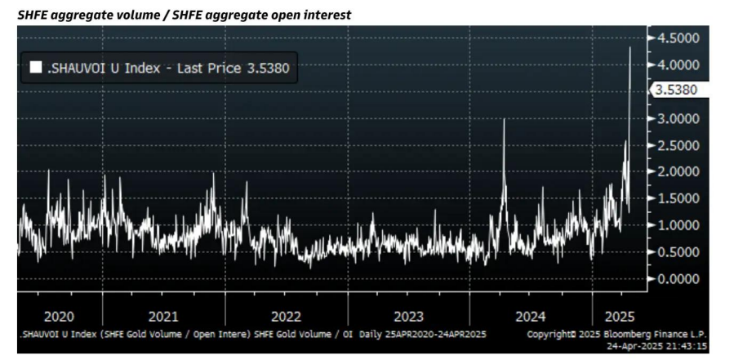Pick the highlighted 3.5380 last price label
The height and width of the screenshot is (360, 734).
[675, 91]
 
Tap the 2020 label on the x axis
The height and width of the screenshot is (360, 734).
[60, 317]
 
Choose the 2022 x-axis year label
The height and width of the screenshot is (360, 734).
[286, 317]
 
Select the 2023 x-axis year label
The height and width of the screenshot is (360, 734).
[408, 317]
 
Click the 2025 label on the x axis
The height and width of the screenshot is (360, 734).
[618, 317]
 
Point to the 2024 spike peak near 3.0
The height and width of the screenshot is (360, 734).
[504, 120]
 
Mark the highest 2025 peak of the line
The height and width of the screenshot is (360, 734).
[629, 48]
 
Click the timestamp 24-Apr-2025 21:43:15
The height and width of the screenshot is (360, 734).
[661, 346]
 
